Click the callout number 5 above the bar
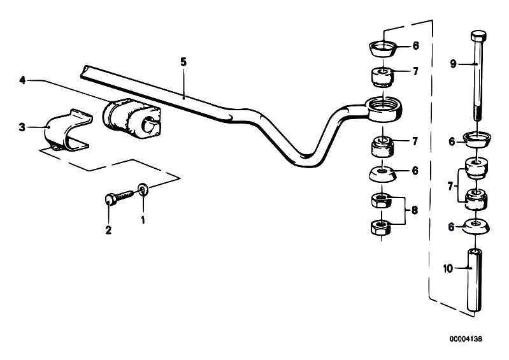coord(183,62)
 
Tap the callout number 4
coord(22,80)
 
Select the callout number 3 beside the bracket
coord(22,127)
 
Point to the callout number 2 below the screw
coord(108,230)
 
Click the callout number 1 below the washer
coord(143,220)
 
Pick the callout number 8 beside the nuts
coord(415,210)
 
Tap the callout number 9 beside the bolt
coord(453,64)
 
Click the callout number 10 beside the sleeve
coord(448,269)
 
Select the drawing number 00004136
coord(466,339)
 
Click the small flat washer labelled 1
coord(143,190)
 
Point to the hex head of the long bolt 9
coord(478,36)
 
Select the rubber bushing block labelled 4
coord(131,116)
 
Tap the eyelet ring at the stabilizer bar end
coord(384,109)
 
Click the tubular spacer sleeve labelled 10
coord(474,280)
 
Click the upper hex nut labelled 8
coord(382,200)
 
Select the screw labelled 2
coord(119,197)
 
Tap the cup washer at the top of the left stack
coord(383,47)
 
